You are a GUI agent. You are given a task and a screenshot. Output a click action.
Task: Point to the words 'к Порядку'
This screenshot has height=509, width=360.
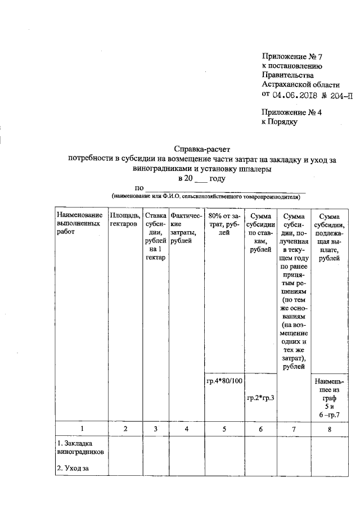pos(280,121)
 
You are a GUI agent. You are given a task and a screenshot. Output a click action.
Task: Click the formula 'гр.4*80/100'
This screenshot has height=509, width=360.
pos(224,381)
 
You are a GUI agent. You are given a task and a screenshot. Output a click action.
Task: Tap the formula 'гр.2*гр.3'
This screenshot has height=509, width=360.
pos(260,398)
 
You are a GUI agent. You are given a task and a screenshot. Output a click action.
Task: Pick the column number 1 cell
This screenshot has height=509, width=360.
pos(82,429)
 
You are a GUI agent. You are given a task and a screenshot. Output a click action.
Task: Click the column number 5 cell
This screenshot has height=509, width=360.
pos(224,429)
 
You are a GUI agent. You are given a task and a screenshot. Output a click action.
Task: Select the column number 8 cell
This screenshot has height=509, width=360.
pos(329,429)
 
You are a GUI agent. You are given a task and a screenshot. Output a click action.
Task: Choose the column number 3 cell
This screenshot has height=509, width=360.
pos(155,429)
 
